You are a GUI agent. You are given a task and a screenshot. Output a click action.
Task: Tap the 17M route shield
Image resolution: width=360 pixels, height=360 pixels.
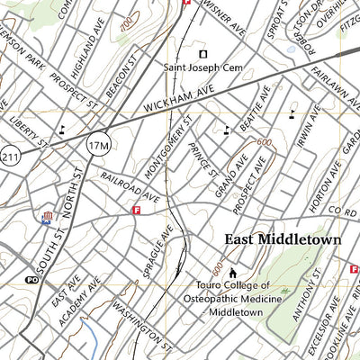point(99,142)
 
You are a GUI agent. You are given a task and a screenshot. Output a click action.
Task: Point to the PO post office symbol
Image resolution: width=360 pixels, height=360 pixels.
point(33,280)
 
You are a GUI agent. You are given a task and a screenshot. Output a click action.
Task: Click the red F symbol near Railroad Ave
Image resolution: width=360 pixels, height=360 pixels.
point(137,211)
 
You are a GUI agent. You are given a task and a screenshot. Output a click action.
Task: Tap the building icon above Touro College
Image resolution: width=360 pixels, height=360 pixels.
point(233,273)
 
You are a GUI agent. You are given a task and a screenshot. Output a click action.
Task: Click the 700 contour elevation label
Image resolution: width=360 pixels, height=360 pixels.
point(126,20)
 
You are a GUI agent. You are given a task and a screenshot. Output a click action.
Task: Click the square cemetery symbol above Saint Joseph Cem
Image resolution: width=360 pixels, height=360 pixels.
point(202,51)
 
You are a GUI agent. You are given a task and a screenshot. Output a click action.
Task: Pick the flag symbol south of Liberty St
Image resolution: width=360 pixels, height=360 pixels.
point(47,216)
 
